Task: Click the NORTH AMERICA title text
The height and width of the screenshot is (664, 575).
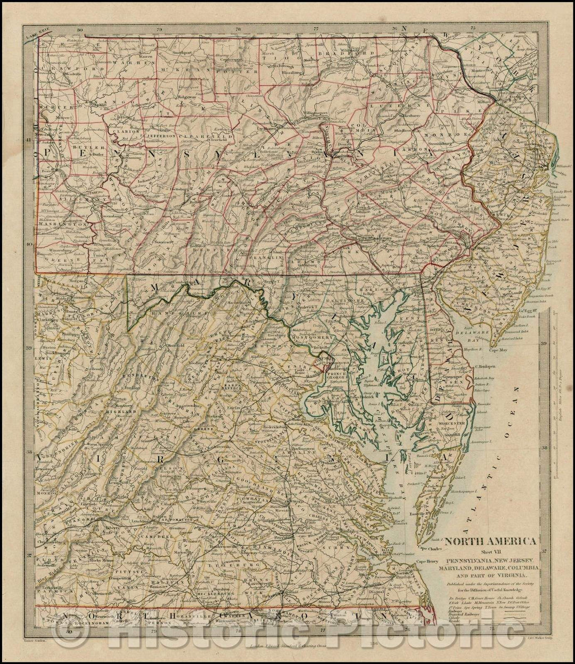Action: [x=490, y=541]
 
